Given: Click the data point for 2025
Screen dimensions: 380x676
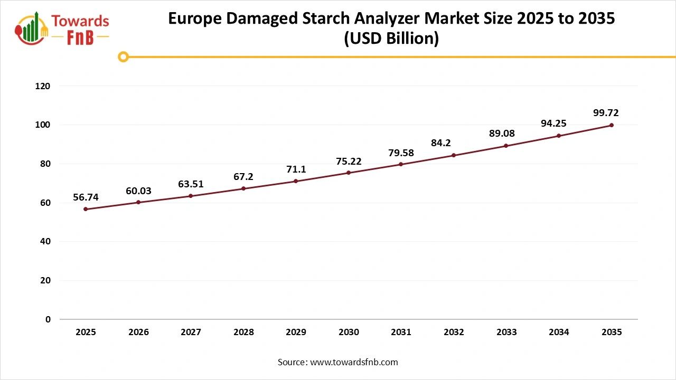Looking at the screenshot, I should coord(86,209).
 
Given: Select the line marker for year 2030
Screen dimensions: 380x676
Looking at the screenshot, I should coord(349,173).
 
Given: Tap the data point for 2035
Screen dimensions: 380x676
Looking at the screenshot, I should coord(612,125).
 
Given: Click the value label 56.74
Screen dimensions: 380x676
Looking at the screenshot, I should coord(86,197).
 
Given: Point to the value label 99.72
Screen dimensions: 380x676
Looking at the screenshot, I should coord(606,112).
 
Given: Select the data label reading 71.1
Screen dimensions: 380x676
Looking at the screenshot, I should coord(296,169).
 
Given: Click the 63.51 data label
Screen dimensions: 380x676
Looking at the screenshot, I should coord(191,184).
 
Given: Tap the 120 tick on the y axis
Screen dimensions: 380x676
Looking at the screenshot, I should coord(43,86).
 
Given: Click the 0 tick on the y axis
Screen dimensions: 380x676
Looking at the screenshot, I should coord(48,319).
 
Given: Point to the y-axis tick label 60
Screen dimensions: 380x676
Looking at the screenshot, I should coord(45,203).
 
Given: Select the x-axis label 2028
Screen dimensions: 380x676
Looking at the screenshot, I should coord(243,332).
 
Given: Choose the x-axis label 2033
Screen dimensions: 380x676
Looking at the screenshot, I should coord(506,332).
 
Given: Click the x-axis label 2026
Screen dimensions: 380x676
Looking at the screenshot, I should coord(138,332).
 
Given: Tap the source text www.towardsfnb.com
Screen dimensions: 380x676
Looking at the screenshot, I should coord(354,362).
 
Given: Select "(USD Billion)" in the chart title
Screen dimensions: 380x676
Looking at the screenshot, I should coord(391,39).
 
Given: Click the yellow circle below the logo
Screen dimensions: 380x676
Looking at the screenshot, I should coord(123,56).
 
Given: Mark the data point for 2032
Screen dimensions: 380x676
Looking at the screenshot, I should coord(454,155).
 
